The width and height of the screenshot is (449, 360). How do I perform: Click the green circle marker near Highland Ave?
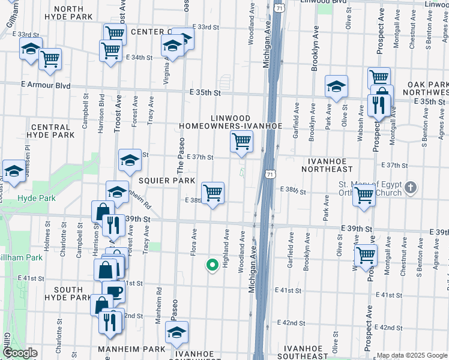(211, 264)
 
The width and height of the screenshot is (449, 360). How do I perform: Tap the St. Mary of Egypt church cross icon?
(410, 188)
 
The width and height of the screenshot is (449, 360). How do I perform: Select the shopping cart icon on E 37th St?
(241, 142)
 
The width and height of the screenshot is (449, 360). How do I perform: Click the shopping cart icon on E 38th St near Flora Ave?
(213, 193)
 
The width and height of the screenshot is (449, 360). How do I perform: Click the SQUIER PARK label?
(166, 180)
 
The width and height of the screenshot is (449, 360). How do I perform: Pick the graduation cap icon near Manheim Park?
(176, 332)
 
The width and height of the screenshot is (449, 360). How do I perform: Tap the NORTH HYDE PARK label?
(77, 13)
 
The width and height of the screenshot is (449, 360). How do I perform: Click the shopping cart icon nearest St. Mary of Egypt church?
(364, 195)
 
